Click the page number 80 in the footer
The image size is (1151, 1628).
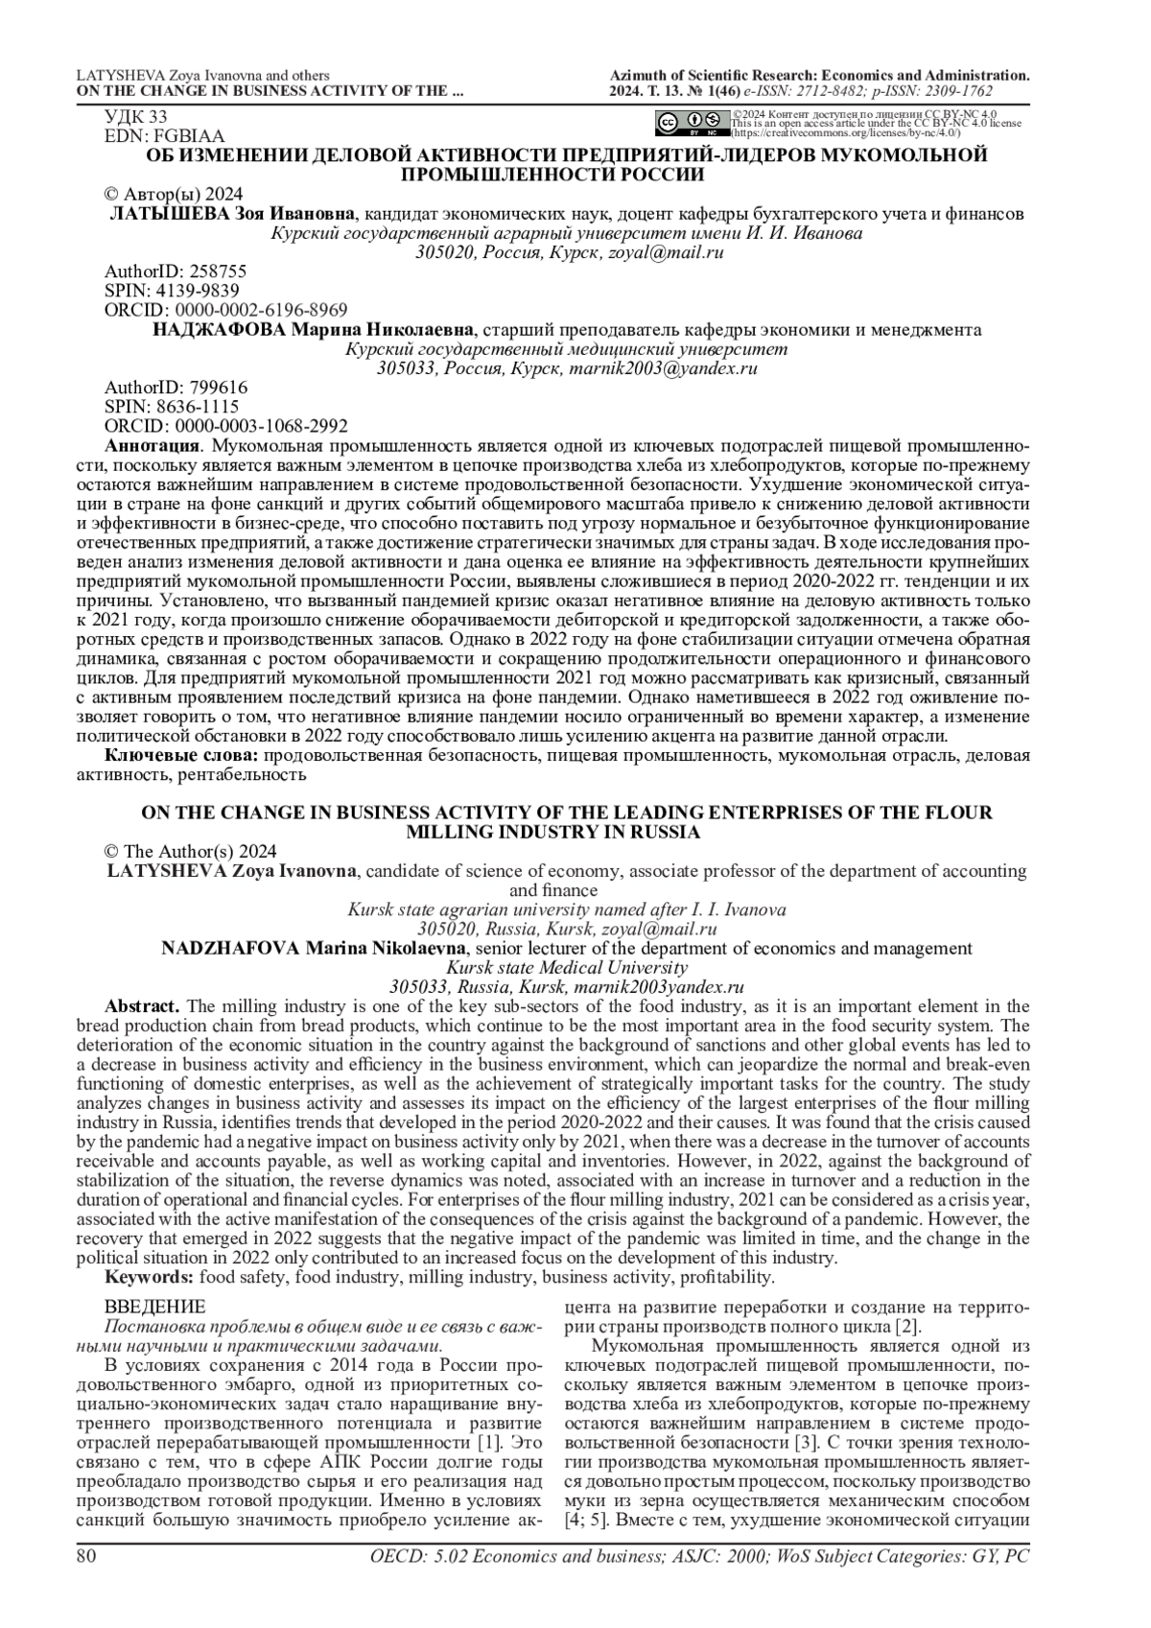(x=86, y=1556)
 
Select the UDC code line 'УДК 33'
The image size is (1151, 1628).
(x=135, y=117)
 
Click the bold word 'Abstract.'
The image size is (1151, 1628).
(x=142, y=1006)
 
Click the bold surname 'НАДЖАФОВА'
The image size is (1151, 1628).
(x=220, y=330)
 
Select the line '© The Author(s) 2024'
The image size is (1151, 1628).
(x=190, y=852)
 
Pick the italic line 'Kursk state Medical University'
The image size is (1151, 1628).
(x=567, y=968)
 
